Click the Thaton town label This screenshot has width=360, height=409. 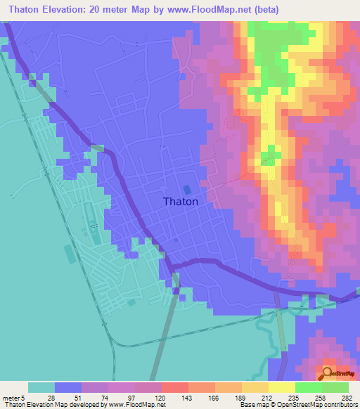tap(181, 201)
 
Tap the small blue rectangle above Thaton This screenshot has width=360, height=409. tap(187, 189)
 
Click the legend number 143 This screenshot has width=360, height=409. tap(188, 396)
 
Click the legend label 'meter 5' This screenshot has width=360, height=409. tap(15, 396)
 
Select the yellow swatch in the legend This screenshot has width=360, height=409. tap(282, 387)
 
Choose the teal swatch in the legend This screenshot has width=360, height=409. tap(41, 387)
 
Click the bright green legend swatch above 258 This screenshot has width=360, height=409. tap(309, 387)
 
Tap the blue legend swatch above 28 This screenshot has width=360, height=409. tap(68, 387)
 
